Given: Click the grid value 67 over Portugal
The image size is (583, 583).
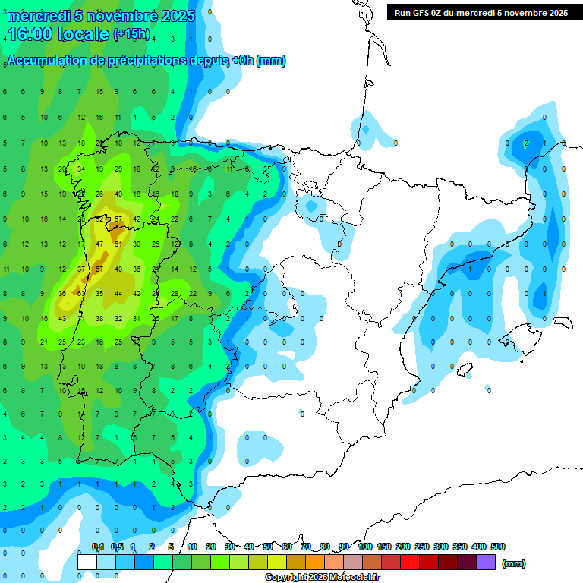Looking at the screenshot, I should click(x=99, y=269).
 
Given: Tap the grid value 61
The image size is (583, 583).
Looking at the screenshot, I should click(x=118, y=244).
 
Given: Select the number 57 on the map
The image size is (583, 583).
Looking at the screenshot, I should click(x=118, y=219).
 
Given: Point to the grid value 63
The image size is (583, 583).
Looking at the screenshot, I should click(x=80, y=293).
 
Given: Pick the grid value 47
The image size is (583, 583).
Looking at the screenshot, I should click(x=99, y=244).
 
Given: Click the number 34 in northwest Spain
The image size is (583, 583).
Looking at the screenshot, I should click(x=80, y=169).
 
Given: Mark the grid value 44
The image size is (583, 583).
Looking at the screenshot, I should click(x=118, y=293).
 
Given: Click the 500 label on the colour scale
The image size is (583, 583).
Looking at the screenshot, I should click(x=498, y=547).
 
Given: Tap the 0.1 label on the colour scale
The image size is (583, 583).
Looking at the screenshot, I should click(x=98, y=547).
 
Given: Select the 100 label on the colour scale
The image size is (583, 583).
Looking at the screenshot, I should click(x=365, y=547).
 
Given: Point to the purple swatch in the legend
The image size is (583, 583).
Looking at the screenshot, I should click(x=486, y=562).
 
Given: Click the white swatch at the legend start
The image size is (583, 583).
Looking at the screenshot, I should click(x=87, y=562).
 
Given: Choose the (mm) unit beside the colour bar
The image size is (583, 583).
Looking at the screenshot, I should click(x=514, y=563).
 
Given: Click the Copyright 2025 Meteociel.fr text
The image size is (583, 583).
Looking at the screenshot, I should click(x=322, y=578).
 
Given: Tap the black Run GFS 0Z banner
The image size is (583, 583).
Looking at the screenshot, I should click(x=481, y=13).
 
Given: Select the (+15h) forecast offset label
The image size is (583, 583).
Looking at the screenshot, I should click(x=131, y=34).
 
